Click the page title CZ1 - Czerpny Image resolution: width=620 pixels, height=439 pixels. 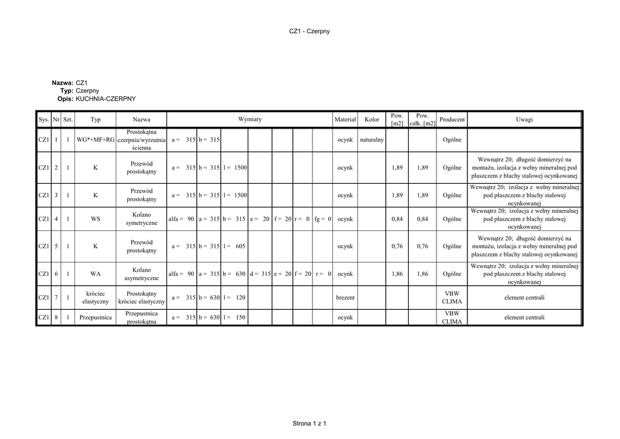(309, 31)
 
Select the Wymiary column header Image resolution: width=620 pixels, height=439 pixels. (249, 119)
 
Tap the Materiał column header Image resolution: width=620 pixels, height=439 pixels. (345, 119)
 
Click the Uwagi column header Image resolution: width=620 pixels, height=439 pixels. (524, 119)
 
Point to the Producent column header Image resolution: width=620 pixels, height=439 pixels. (452, 119)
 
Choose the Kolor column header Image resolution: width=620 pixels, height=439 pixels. (372, 119)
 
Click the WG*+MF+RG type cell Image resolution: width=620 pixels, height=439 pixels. (95, 140)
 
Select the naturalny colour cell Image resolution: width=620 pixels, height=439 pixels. (372, 140)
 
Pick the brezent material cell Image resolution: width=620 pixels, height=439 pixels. (345, 298)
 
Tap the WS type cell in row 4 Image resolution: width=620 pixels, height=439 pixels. (95, 219)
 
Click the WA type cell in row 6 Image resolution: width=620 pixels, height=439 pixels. (95, 274)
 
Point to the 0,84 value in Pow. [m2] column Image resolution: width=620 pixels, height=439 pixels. (397, 219)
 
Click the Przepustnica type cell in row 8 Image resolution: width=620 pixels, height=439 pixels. (95, 317)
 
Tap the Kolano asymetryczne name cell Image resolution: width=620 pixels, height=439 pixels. (142, 274)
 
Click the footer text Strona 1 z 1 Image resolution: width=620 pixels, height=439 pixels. (309, 423)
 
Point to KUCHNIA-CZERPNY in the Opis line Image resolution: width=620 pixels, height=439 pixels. (106, 98)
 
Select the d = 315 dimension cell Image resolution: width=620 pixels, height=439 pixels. (260, 274)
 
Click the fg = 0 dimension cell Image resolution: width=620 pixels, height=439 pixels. (322, 219)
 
